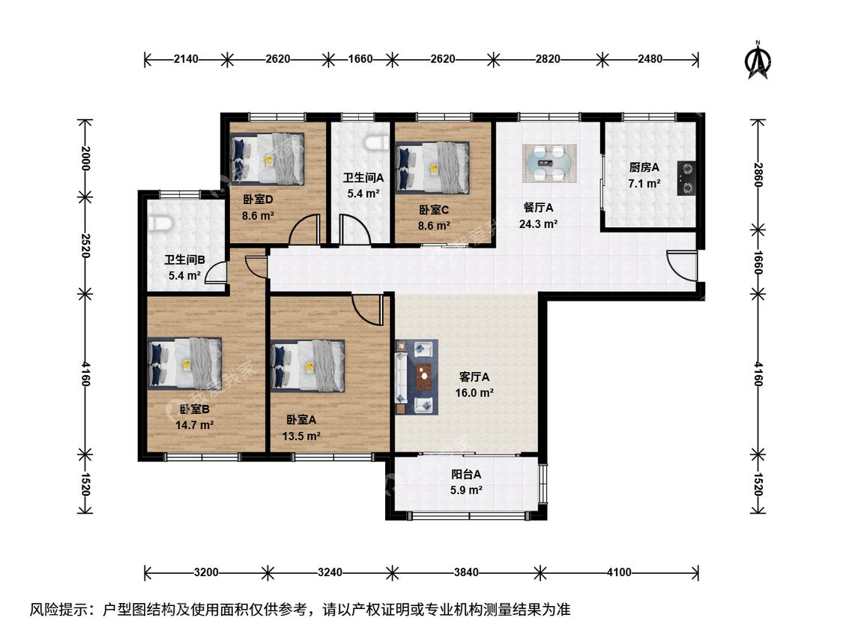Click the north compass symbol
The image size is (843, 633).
tap(758, 60)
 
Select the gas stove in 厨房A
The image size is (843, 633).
tap(686, 178)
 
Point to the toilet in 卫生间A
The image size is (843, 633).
tap(375, 143)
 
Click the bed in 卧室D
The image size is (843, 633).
tap(268, 160)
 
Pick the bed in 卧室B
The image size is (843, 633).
tap(184, 363)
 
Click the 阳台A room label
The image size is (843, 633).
tap(465, 474)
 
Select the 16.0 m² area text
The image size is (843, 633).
tap(474, 393)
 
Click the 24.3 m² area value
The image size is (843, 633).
tap(537, 224)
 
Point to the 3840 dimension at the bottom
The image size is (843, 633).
tap(465, 572)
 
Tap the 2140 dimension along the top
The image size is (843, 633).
tap(186, 58)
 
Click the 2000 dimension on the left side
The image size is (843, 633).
tap(85, 158)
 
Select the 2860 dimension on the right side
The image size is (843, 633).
tap(758, 175)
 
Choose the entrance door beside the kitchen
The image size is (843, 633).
tap(682, 265)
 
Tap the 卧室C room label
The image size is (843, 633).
tap(433, 210)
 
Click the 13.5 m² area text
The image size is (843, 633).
tap(302, 436)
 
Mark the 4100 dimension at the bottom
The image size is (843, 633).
tap(620, 572)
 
